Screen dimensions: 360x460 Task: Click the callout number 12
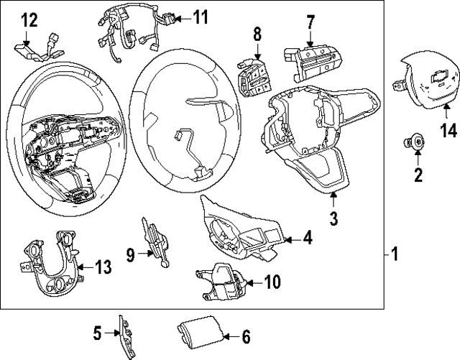click(28, 21)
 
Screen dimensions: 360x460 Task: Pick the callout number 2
click(418, 173)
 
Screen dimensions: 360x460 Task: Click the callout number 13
click(103, 268)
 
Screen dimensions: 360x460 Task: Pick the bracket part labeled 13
click(50, 266)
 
